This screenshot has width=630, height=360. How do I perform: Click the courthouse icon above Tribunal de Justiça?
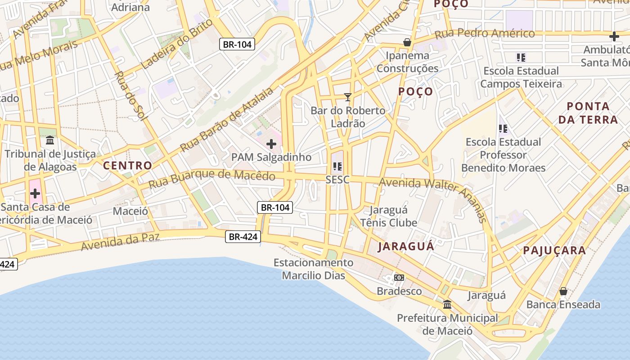pyautogui.click(x=50, y=140)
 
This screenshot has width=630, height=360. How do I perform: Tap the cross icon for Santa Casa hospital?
pyautogui.click(x=35, y=194)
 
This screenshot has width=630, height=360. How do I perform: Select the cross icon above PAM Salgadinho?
pyautogui.click(x=271, y=144)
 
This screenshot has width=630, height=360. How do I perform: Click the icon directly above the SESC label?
pyautogui.click(x=337, y=166)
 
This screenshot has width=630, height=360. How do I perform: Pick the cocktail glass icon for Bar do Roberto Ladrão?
pyautogui.click(x=347, y=97)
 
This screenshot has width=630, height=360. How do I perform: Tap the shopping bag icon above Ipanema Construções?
pyautogui.click(x=407, y=42)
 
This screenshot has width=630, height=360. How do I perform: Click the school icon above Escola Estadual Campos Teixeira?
pyautogui.click(x=521, y=57)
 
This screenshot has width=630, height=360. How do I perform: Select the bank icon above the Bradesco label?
pyautogui.click(x=399, y=278)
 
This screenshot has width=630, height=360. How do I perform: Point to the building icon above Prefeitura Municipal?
pyautogui.click(x=447, y=305)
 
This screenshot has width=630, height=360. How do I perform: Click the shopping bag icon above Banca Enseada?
pyautogui.click(x=563, y=291)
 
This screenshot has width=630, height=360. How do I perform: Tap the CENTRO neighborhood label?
pyautogui.click(x=128, y=166)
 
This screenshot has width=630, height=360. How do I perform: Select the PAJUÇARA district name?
pyautogui.click(x=554, y=251)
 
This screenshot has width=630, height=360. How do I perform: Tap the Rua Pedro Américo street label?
pyautogui.click(x=484, y=34)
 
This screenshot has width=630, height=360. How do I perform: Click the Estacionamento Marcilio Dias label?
pyautogui.click(x=314, y=269)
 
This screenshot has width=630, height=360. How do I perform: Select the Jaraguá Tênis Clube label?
pyautogui.click(x=389, y=216)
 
